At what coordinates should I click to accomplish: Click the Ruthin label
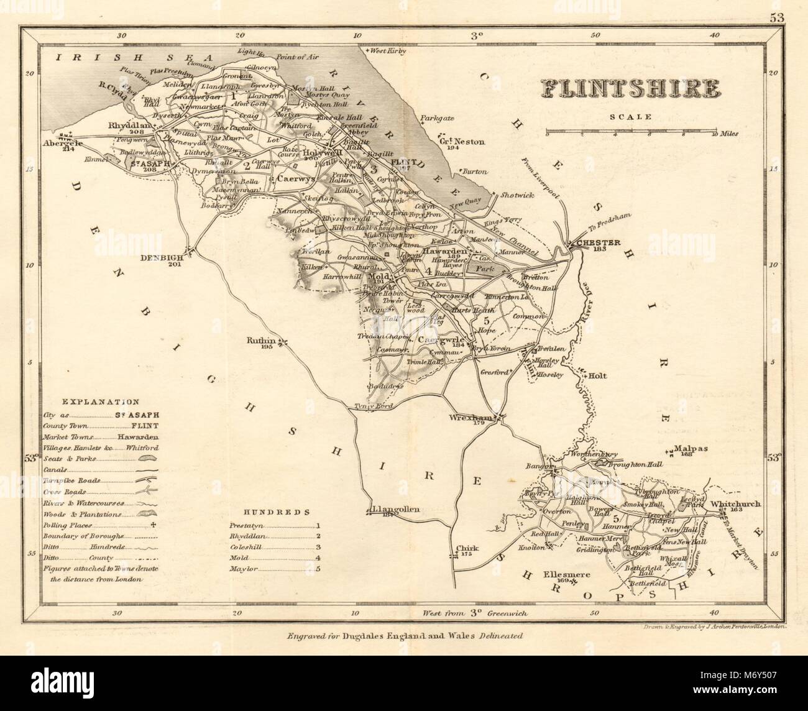[x=261, y=341]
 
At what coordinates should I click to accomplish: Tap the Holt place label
[x=597, y=375]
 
